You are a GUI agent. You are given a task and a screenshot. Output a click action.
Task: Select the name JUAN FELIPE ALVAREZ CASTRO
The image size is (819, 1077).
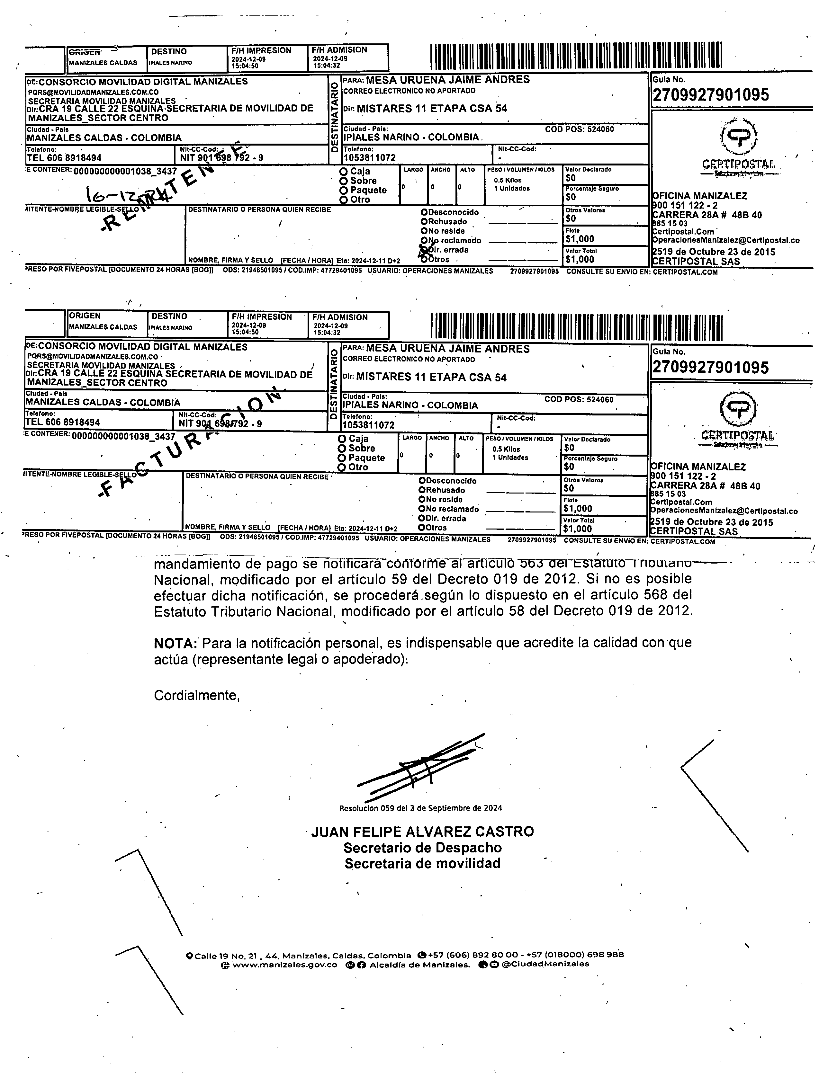422,832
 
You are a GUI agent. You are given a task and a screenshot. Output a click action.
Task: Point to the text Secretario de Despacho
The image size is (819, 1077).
422,848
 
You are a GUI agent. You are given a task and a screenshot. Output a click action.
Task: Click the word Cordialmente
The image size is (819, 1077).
196,695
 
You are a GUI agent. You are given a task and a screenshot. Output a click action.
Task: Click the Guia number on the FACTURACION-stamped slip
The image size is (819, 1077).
710,367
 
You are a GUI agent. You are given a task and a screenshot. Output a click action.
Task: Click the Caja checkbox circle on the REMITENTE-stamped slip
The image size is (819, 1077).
344,172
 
